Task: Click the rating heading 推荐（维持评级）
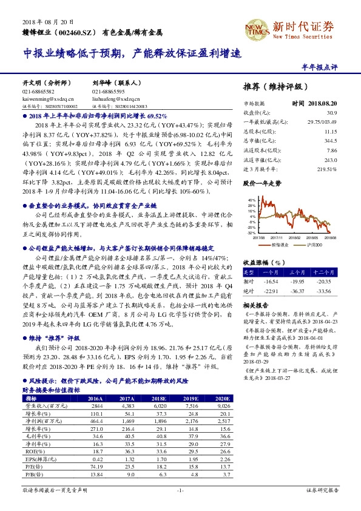pos(271,86)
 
